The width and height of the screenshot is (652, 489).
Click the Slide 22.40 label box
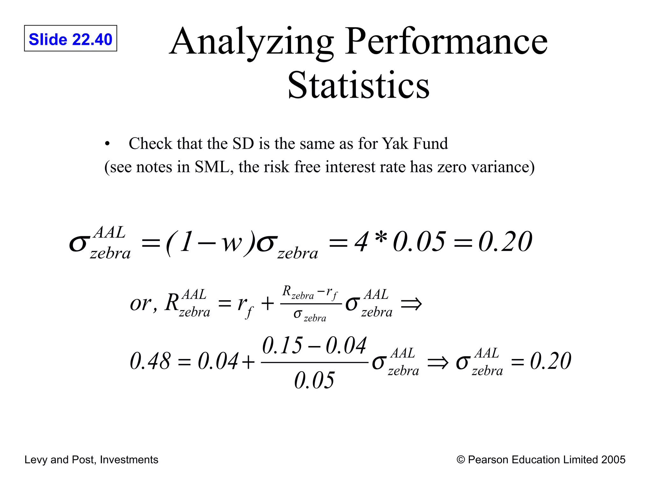(x=70, y=39)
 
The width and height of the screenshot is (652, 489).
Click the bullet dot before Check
(x=107, y=144)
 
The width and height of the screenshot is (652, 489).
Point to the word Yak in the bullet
(x=395, y=144)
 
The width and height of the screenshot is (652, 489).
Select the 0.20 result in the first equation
(x=505, y=242)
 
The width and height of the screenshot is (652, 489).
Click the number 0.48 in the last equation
(x=150, y=361)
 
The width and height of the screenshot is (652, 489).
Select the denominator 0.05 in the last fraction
(x=314, y=380)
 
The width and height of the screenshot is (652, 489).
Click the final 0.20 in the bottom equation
(x=550, y=361)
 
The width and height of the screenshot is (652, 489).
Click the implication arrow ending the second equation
(x=411, y=304)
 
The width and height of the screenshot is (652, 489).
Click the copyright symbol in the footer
(x=461, y=460)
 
